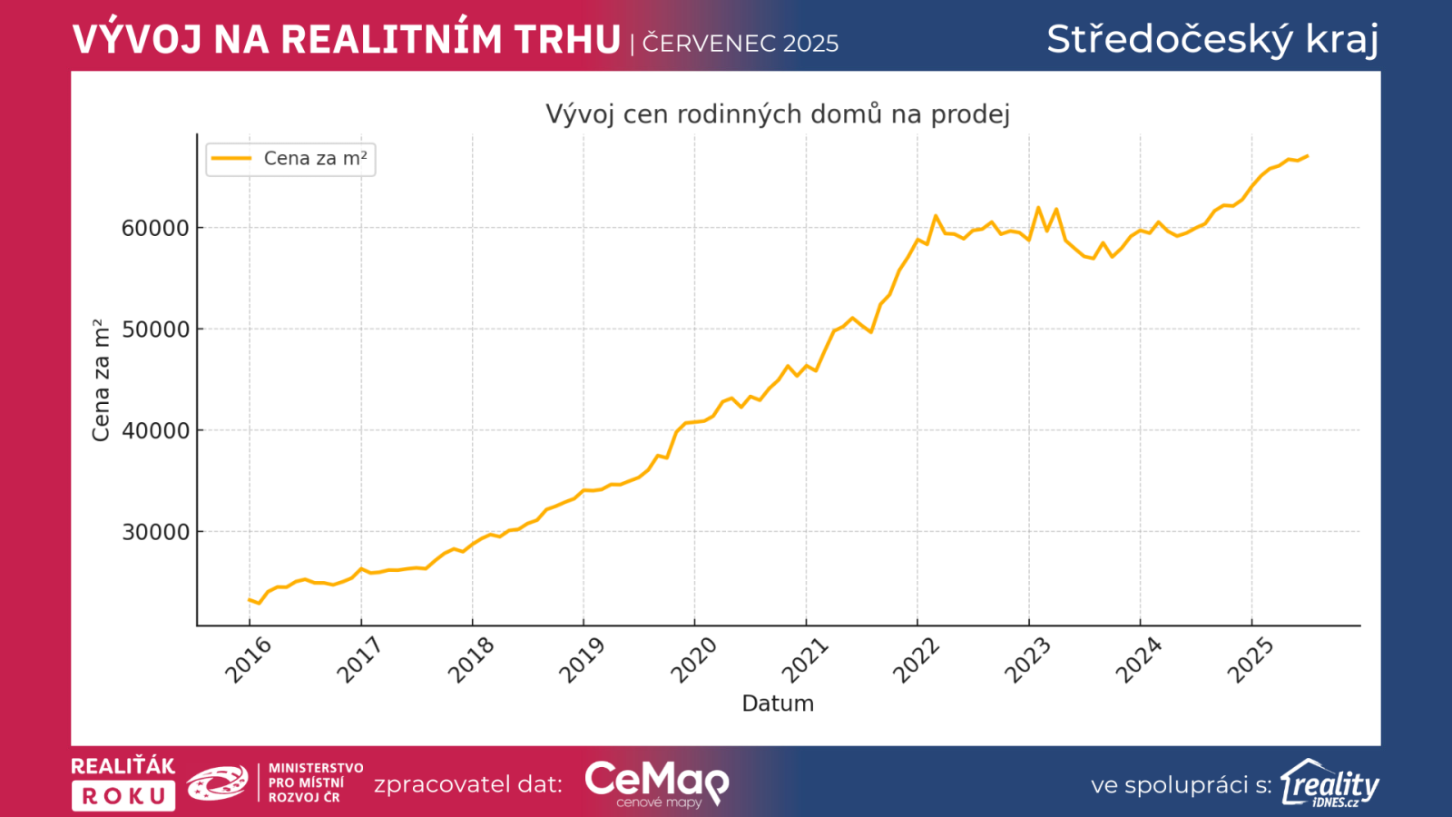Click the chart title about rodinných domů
(x=777, y=114)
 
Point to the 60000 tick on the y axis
(x=155, y=228)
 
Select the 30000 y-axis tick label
(x=155, y=532)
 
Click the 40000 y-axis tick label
(x=155, y=431)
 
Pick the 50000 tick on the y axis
(x=155, y=330)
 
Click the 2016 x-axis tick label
(x=248, y=660)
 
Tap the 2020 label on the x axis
(x=693, y=660)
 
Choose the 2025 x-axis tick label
(x=1251, y=660)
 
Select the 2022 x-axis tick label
(x=916, y=660)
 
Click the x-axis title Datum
(x=778, y=704)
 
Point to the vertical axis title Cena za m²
(x=101, y=380)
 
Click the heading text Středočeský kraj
(x=1212, y=40)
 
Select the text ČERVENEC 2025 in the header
(x=741, y=44)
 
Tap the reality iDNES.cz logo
(x=1329, y=783)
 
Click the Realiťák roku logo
(x=123, y=783)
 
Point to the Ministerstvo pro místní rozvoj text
(x=315, y=783)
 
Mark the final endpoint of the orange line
(x=1307, y=156)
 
